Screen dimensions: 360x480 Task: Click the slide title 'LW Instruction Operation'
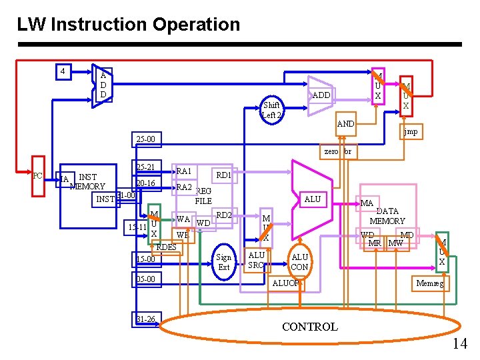click(128, 25)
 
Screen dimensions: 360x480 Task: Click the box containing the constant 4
click(62, 71)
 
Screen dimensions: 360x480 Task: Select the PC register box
click(38, 176)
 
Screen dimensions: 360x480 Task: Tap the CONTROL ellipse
click(310, 327)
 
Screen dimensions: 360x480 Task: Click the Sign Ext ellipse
click(224, 262)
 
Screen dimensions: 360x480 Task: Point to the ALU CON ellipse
click(300, 262)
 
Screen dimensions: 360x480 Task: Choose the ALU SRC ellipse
click(257, 260)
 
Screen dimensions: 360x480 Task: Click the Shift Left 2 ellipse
click(272, 110)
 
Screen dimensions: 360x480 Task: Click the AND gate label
click(346, 124)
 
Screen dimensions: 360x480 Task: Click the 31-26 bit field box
click(145, 319)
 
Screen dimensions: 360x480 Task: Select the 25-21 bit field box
click(145, 167)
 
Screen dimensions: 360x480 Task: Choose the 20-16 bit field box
click(145, 183)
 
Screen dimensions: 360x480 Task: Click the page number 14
click(459, 343)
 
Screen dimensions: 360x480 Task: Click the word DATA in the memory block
click(387, 211)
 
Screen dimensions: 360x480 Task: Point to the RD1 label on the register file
click(223, 175)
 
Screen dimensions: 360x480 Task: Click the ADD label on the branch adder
click(321, 95)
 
